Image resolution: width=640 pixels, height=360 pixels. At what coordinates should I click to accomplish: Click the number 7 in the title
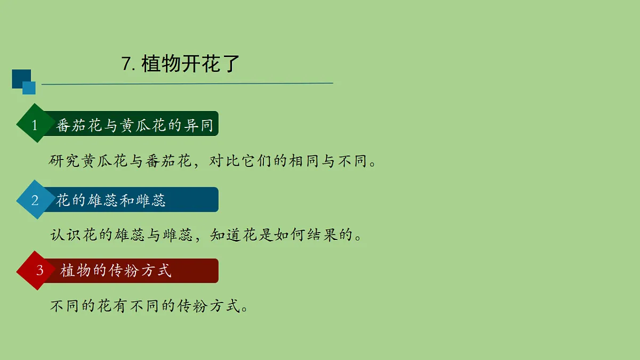pos(127,64)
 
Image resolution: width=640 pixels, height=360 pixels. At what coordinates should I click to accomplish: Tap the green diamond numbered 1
pos(35,125)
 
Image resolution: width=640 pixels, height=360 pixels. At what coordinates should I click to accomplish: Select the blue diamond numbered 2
pos(35,200)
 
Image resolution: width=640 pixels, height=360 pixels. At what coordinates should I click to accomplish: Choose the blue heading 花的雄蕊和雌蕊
pos(111,200)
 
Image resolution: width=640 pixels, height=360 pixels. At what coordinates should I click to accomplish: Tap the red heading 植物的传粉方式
pos(116,270)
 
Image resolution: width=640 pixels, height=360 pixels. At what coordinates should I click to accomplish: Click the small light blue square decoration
pos(29,88)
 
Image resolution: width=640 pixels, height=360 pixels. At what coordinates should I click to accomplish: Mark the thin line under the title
pos(187,84)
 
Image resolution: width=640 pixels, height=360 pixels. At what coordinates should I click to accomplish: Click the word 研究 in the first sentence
pos(65,161)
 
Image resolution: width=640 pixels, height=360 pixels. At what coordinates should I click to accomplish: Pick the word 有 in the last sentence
pos(119,306)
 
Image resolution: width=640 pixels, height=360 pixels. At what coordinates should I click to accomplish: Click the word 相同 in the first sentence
pos(305,161)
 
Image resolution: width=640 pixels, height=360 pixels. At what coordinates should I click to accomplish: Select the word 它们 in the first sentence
pos(257,161)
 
